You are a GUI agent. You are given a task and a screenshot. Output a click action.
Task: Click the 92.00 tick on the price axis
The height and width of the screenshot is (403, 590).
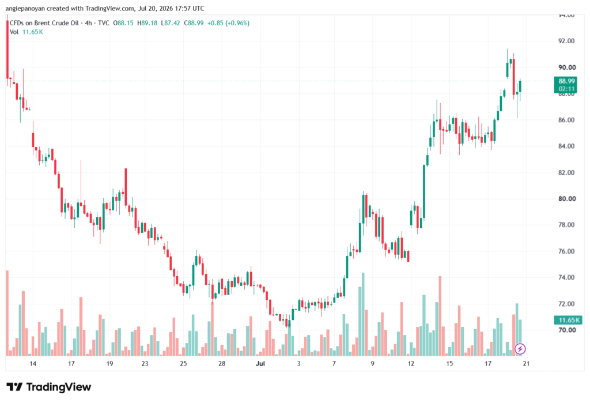pyautogui.click(x=567, y=41)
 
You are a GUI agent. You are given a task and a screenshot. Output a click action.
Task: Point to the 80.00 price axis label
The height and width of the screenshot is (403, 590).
pyautogui.click(x=567, y=198)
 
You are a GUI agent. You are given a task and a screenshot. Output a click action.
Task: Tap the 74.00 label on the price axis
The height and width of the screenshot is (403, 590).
pyautogui.click(x=567, y=277)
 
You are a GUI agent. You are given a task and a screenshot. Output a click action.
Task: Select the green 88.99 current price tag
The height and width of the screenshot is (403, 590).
pyautogui.click(x=566, y=81)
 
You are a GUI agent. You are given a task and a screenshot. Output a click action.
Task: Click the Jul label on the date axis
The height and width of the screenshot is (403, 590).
pyautogui.click(x=260, y=364)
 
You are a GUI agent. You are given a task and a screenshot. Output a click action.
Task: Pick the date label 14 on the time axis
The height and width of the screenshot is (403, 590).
pyautogui.click(x=33, y=364)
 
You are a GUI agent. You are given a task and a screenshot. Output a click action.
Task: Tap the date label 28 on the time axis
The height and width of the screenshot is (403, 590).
pyautogui.click(x=222, y=364)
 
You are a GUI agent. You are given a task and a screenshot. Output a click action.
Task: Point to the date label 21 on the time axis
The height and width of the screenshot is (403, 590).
pyautogui.click(x=526, y=364)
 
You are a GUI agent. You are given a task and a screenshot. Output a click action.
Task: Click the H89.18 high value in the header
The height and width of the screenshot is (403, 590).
pyautogui.click(x=147, y=23)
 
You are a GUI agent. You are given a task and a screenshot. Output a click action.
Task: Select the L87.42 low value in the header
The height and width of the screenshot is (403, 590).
pyautogui.click(x=171, y=23)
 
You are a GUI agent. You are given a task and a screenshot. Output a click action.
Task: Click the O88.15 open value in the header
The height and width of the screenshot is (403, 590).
pyautogui.click(x=123, y=23)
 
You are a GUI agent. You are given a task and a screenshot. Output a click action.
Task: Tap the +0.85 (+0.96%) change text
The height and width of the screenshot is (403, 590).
pyautogui.click(x=228, y=23)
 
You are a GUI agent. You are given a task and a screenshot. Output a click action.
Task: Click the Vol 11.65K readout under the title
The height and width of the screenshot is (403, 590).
pyautogui.click(x=27, y=32)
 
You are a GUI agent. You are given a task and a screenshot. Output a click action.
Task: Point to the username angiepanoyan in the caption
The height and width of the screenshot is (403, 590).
pyautogui.click(x=25, y=8)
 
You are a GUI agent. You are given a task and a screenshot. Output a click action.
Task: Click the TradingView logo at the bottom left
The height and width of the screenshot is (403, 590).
pyautogui.click(x=49, y=387)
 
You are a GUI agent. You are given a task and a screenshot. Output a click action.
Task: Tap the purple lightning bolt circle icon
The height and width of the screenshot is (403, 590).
pyautogui.click(x=520, y=349)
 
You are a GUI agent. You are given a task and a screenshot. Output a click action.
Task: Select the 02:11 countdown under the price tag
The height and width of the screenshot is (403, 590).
pyautogui.click(x=566, y=89)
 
